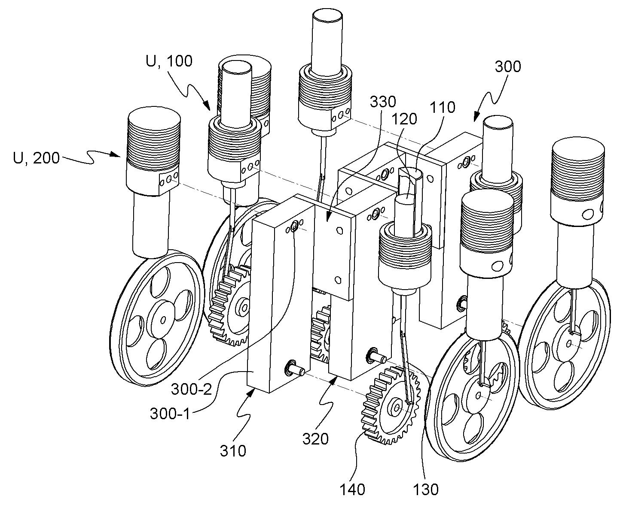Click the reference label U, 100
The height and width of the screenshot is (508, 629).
[169, 61]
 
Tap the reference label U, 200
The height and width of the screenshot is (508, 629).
[37, 158]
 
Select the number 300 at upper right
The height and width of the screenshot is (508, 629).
[508, 67]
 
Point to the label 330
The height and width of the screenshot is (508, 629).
[383, 102]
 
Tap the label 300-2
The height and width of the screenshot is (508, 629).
[192, 390]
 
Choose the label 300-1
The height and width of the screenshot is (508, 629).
[171, 414]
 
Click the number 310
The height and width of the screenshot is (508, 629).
[233, 451]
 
